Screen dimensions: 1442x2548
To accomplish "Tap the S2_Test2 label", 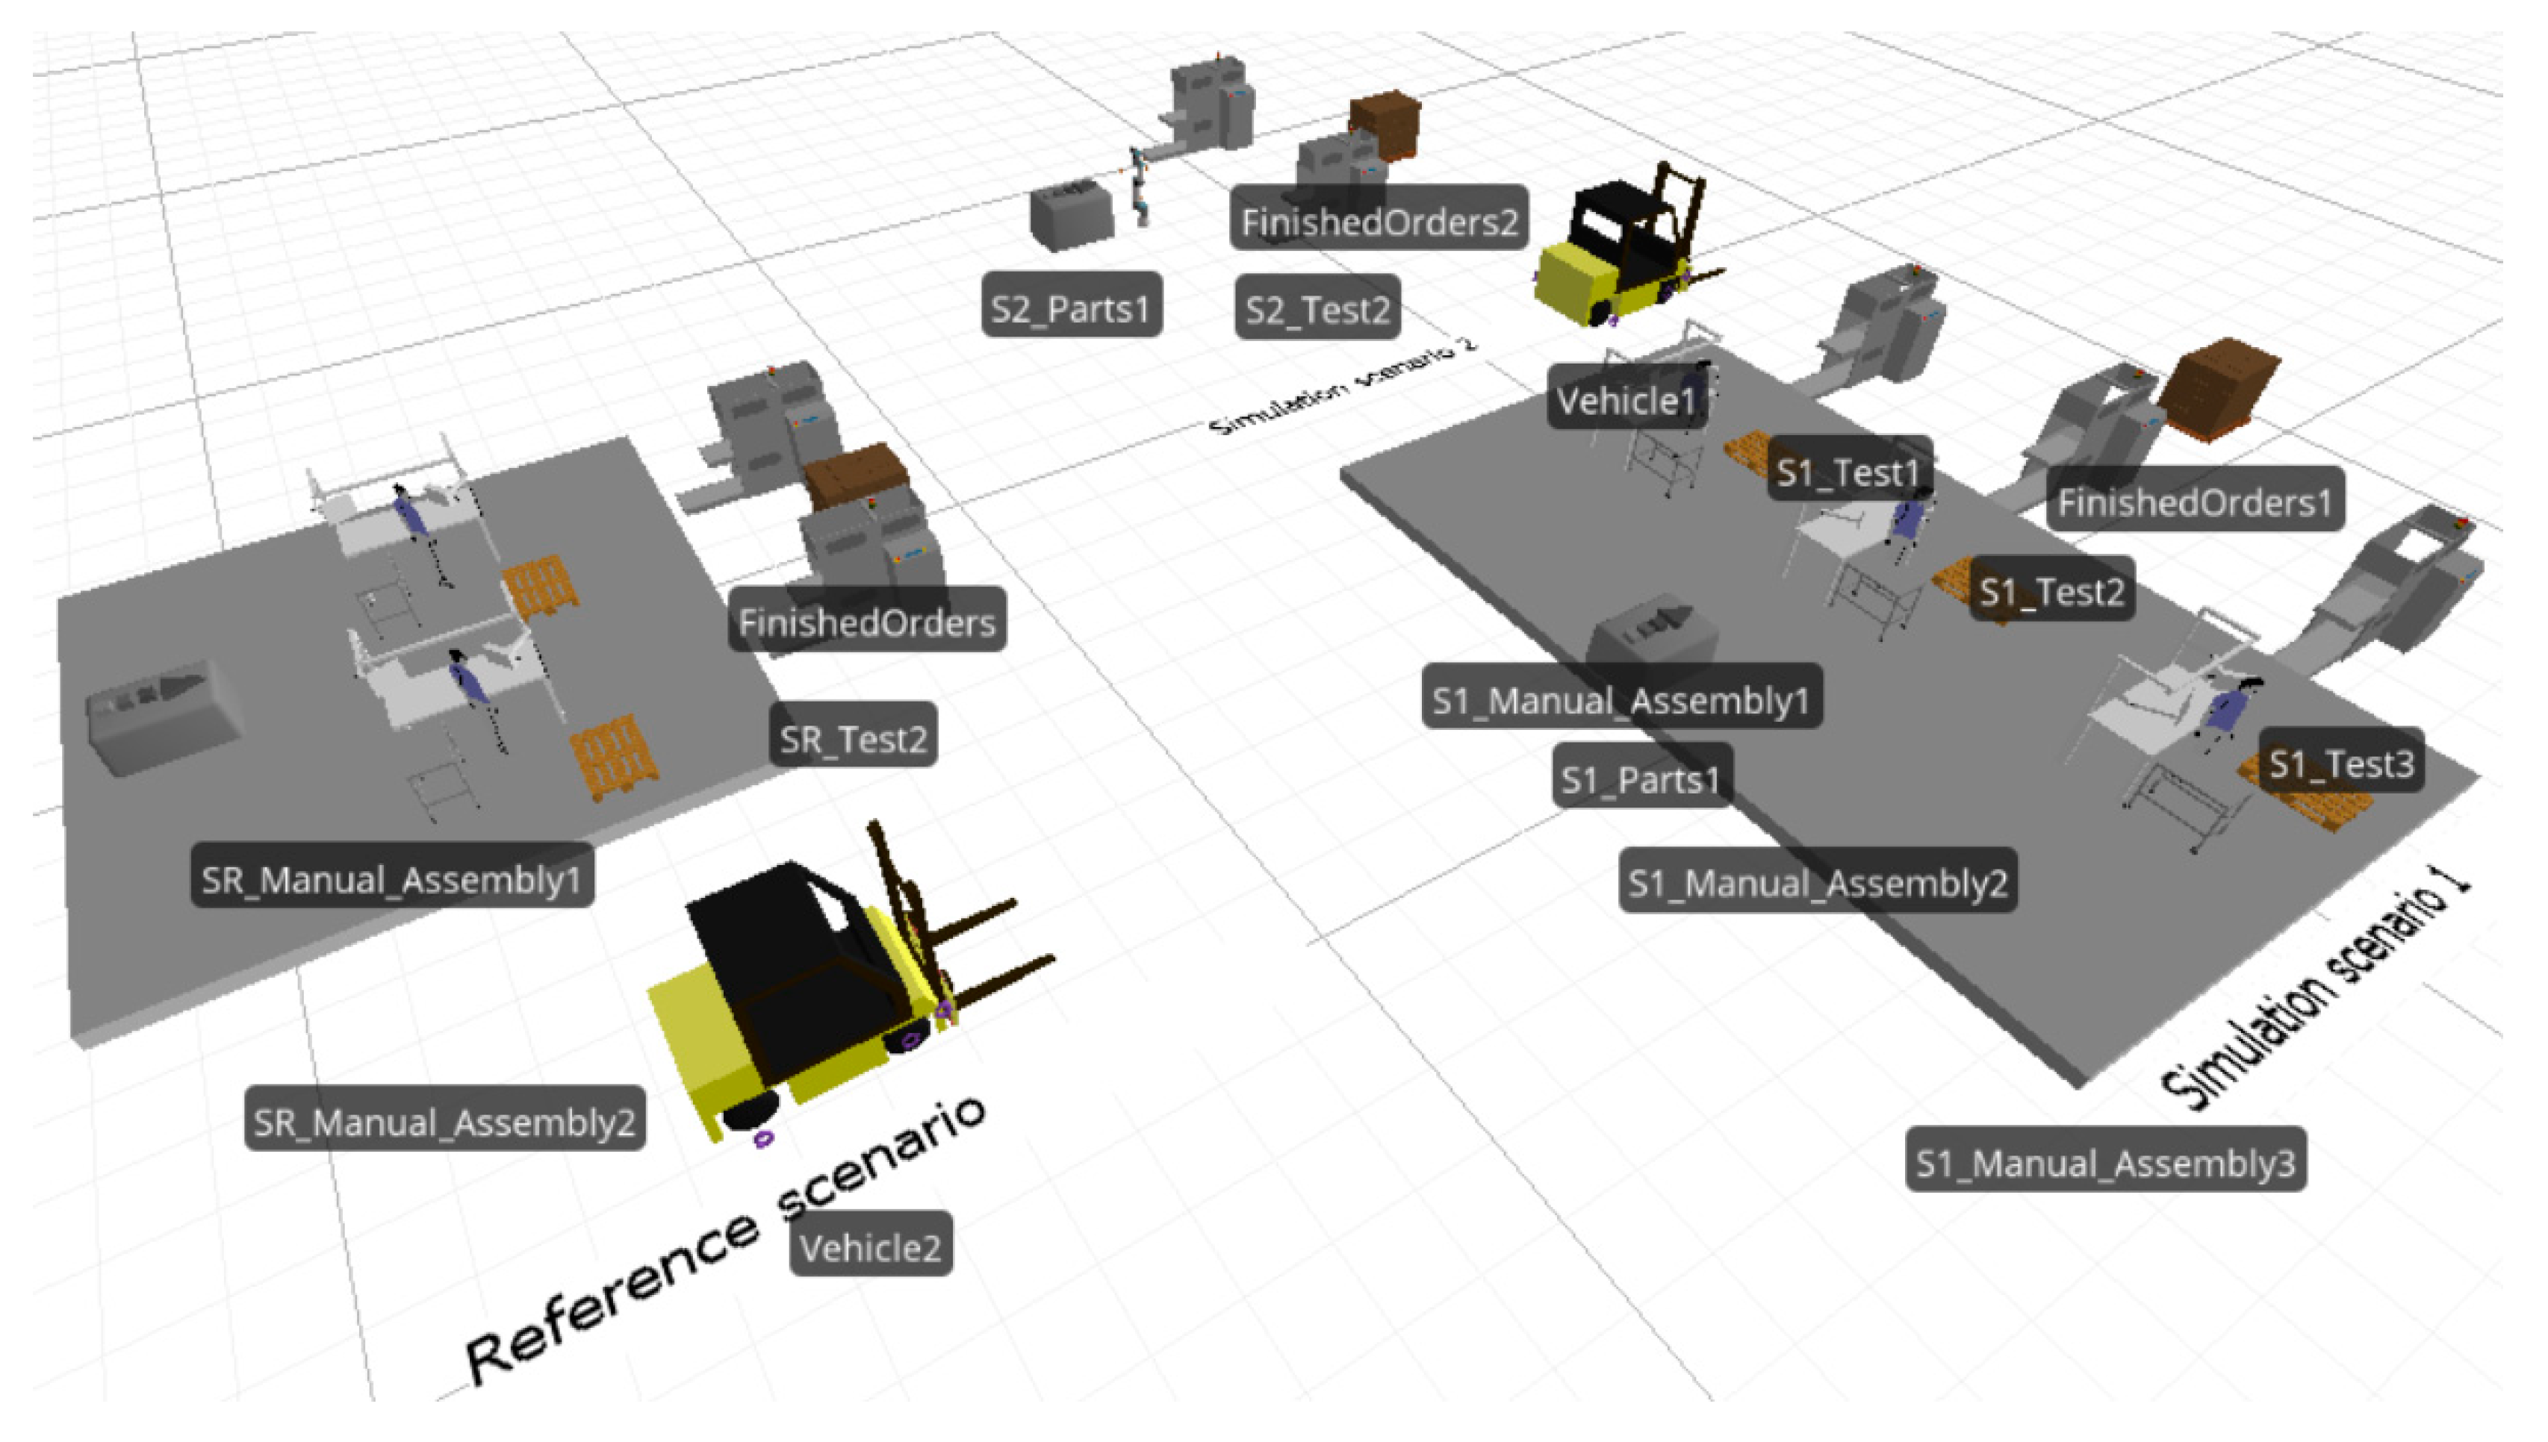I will (1317, 309).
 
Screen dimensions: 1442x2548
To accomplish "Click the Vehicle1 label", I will (1626, 400).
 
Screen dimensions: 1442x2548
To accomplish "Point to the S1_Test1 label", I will (1848, 472).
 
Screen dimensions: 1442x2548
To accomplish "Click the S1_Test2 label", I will (2051, 591).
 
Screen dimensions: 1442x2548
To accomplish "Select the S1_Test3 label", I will (2341, 763).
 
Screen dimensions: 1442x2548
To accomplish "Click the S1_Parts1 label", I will (1641, 778).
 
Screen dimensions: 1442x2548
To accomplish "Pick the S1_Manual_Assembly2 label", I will (1818, 881).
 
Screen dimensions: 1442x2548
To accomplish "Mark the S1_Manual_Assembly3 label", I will (2105, 1161).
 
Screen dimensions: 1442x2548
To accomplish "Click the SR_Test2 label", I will (853, 738).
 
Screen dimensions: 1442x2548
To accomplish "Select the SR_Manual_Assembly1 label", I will (392, 878).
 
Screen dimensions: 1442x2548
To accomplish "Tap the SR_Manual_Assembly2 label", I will (445, 1121).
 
